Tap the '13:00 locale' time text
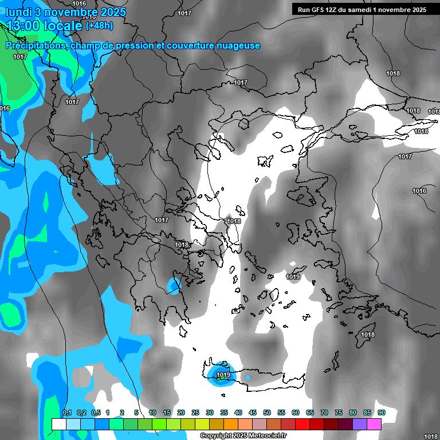tap(45, 26)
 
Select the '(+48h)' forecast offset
tap(99, 26)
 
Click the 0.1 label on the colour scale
tap(66, 413)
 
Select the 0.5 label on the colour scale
tap(95, 413)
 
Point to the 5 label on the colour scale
tap(136, 413)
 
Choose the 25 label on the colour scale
tap(195, 413)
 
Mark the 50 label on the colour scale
tap(267, 413)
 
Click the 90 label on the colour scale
tap(381, 413)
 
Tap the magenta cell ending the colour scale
tap(374, 424)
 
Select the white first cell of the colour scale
tap(58, 424)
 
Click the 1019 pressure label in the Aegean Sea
tap(293, 277)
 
